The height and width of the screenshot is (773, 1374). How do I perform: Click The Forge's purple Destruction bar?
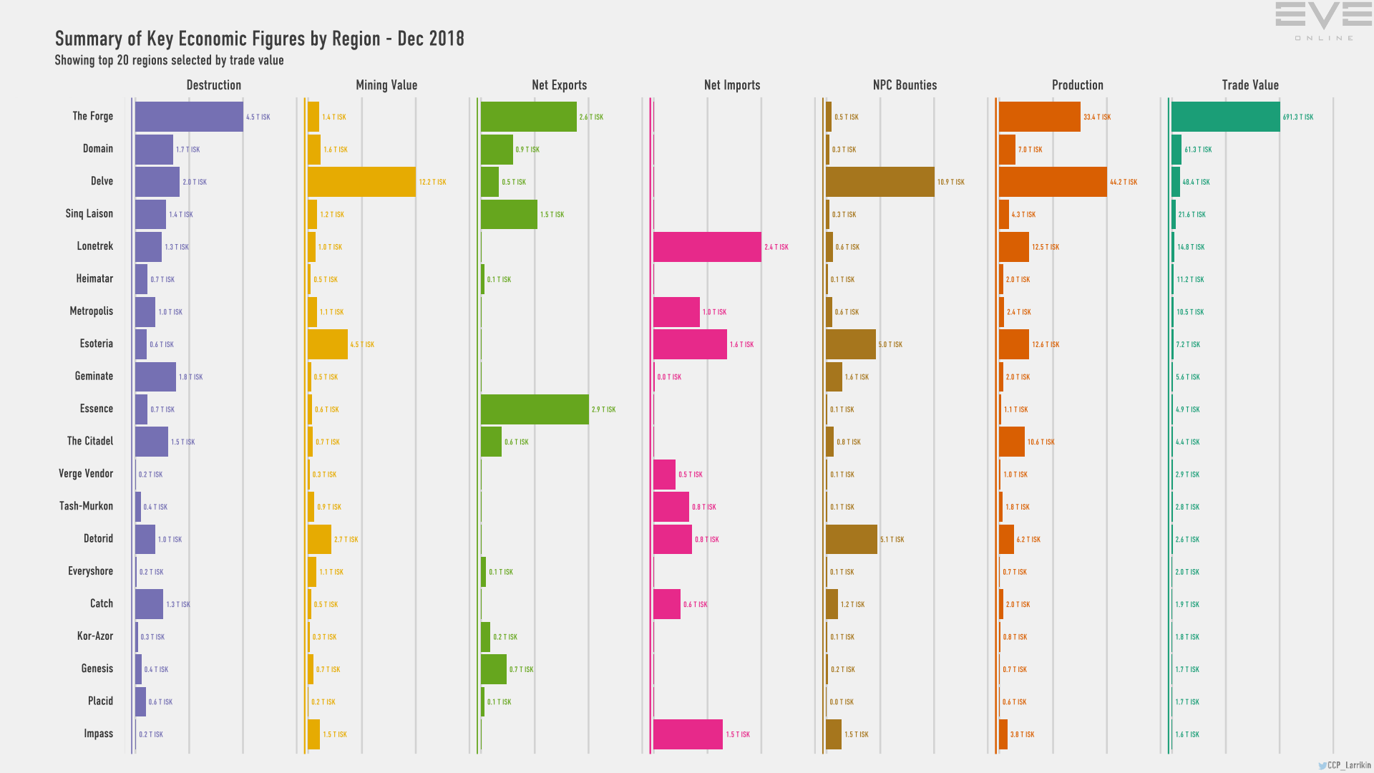point(189,117)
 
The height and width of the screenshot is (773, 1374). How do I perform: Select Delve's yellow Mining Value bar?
point(361,182)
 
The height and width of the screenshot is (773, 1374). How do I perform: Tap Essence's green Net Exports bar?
point(535,409)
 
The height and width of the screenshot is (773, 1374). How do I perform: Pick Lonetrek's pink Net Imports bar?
point(707,247)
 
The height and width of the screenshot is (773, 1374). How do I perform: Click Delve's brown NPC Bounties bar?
point(880,182)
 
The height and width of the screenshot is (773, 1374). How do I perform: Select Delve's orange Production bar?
point(1053,182)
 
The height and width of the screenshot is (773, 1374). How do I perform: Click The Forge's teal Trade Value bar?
point(1225,117)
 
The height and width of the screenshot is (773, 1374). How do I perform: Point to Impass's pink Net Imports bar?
point(688,734)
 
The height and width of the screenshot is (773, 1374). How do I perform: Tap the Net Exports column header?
point(559,85)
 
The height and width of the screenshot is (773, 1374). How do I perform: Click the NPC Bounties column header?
point(905,85)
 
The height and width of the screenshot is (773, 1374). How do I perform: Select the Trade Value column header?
point(1249,85)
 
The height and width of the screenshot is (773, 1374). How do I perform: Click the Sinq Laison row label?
point(89,214)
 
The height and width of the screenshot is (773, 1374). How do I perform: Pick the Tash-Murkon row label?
point(86,506)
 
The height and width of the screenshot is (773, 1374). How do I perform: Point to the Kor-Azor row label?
point(95,636)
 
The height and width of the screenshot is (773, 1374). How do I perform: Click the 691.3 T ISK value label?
point(1297,117)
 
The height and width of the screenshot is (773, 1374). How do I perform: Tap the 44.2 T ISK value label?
point(1123,183)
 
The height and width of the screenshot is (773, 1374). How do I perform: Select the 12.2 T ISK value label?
point(432,183)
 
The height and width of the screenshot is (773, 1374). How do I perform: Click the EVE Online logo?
point(1323,21)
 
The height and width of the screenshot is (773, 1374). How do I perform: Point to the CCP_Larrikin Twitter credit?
point(1345,765)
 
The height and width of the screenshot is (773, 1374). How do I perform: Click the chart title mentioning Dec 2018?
point(260,39)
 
